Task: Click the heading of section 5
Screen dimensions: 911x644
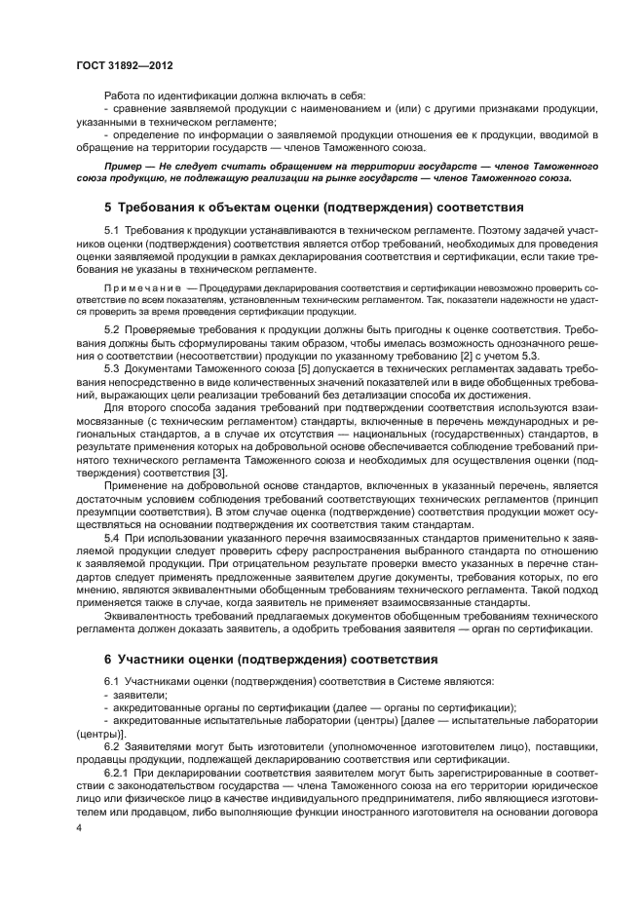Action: (301, 207)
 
